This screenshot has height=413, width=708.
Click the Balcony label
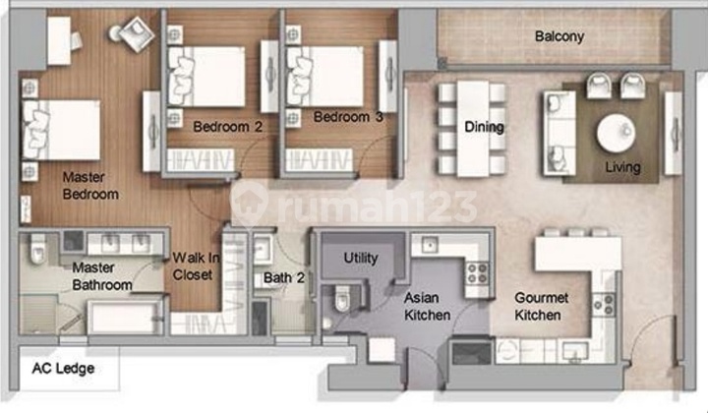(x=560, y=37)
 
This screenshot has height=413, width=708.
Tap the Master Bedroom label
(x=89, y=186)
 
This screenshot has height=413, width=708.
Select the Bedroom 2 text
(x=227, y=126)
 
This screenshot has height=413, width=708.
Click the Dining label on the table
(x=484, y=127)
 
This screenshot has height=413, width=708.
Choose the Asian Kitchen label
(x=427, y=306)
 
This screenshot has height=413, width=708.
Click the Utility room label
(x=360, y=258)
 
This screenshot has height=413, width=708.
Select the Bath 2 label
(x=283, y=278)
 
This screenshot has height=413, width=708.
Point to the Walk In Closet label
(x=193, y=267)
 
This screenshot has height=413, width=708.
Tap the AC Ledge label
(x=62, y=371)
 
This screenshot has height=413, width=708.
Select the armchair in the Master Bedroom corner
(x=130, y=32)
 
